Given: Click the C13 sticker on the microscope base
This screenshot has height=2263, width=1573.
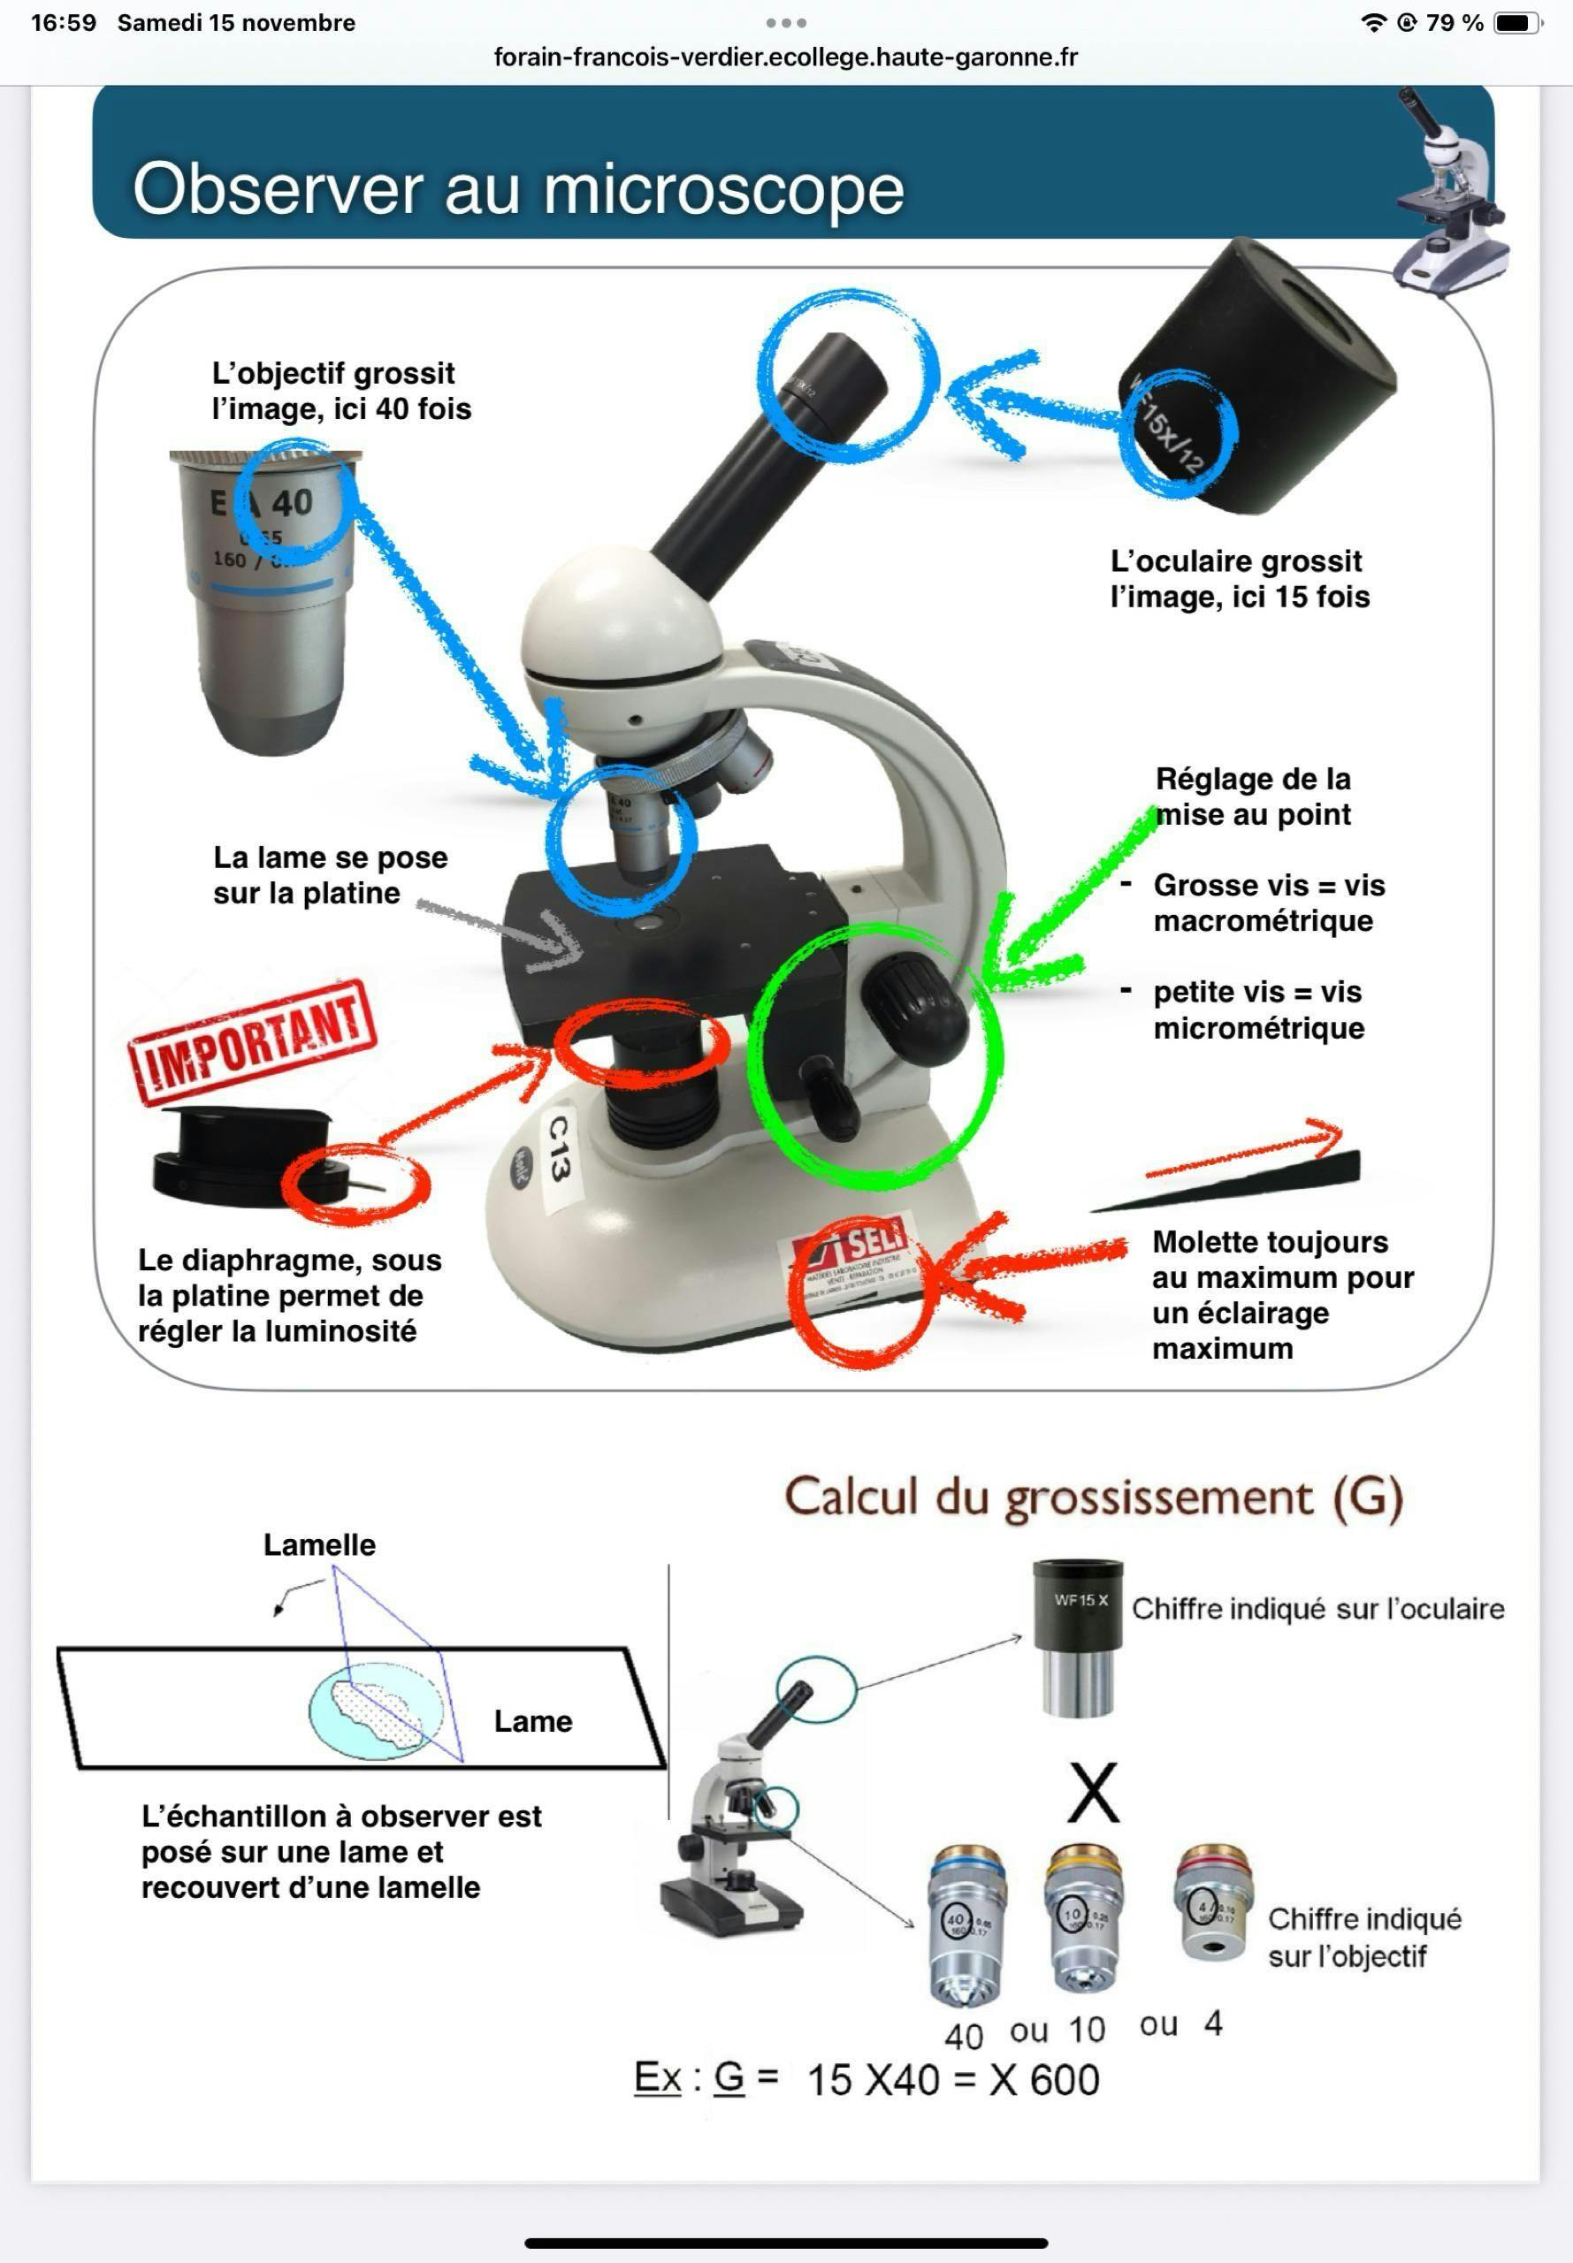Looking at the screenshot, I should pos(558,1147).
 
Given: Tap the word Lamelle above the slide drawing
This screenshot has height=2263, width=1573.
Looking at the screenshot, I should pos(319,1543).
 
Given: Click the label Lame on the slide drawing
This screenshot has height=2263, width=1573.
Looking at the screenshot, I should pos(532,1720).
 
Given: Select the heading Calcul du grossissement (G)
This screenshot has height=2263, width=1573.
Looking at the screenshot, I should pos(1093,1497).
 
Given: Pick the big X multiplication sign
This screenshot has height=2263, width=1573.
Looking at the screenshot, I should pos(1093,1793).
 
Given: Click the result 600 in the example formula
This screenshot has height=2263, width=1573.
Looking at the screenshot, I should pos(1065,2080).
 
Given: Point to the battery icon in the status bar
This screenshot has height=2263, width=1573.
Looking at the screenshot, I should pos(1518,23).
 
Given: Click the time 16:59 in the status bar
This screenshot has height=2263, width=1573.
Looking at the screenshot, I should pos(63,23).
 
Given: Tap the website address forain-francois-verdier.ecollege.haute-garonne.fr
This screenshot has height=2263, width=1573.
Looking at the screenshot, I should pos(785,57).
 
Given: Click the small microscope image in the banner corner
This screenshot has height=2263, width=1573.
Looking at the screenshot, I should pos(1450,192).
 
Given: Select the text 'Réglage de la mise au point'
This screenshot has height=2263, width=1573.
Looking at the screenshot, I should pos(1253,796).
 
